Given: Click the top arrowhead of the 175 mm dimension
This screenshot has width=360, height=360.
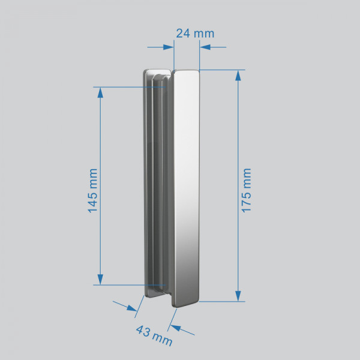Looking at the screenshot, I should (x=239, y=76).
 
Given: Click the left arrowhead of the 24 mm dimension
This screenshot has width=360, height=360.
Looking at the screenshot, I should (x=169, y=46).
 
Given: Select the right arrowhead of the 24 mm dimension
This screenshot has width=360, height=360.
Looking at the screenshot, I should (x=203, y=46).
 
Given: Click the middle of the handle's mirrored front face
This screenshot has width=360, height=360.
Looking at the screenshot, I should (x=186, y=186).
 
